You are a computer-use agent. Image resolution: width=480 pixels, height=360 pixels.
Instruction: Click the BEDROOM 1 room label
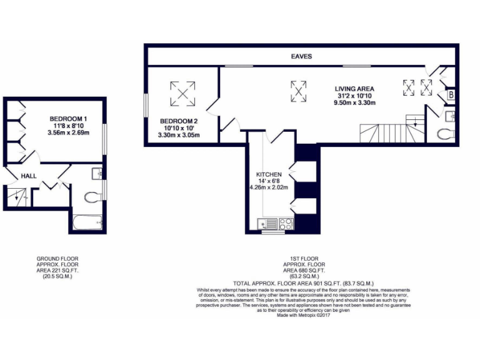[68, 118]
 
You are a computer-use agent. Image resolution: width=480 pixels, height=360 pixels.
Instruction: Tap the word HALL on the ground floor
[29, 176]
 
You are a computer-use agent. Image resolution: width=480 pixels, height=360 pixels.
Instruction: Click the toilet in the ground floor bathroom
[91, 197]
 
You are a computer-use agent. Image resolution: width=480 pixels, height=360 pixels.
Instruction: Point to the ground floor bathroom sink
[96, 173]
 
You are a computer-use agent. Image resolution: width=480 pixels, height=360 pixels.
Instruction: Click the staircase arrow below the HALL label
[17, 196]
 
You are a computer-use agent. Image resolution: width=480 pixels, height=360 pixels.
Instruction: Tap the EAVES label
[301, 56]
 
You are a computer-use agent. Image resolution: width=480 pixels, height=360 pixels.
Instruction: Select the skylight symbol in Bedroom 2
[182, 94]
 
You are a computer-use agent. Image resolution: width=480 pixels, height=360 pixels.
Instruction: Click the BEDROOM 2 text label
[178, 121]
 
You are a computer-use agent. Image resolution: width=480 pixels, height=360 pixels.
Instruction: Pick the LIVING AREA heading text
[354, 89]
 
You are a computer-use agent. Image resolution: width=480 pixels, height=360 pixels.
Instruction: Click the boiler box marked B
[450, 95]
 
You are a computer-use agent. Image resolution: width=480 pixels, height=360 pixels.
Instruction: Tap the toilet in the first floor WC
[446, 133]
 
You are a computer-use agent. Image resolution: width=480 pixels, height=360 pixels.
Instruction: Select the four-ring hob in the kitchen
[286, 222]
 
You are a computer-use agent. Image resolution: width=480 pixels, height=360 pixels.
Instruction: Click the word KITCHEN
[269, 174]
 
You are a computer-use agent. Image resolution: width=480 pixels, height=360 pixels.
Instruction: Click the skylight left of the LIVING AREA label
[299, 91]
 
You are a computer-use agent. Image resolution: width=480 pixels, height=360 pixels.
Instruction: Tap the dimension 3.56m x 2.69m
[68, 132]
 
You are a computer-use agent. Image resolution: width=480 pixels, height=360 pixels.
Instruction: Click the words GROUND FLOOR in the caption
[57, 258]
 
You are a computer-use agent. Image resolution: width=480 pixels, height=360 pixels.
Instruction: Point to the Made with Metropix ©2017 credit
[302, 315]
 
